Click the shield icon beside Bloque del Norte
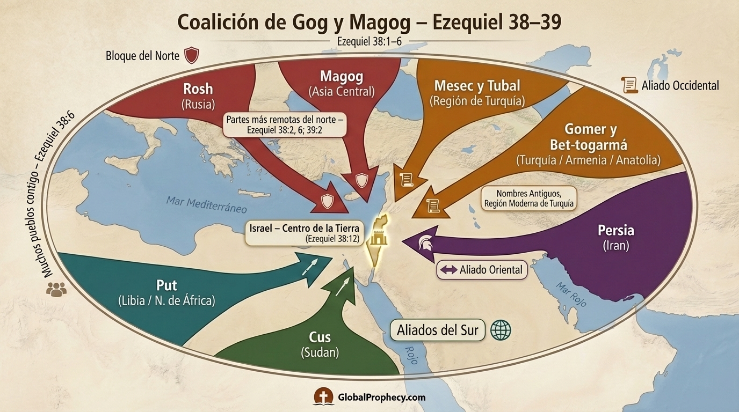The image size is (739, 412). click(192, 55)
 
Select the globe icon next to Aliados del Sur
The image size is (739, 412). click(501, 330)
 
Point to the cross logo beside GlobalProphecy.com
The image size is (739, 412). click(324, 397)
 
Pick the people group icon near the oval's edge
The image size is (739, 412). click(56, 290)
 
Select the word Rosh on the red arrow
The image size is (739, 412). click(198, 89)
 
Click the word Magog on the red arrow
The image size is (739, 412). click(342, 76)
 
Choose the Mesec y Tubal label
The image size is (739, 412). click(477, 85)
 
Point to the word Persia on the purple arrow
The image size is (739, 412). click(615, 231)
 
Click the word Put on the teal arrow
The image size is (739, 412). click(166, 285)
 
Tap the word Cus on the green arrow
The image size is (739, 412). click(320, 337)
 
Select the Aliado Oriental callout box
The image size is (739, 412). click(482, 270)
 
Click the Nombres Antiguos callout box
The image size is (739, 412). click(529, 198)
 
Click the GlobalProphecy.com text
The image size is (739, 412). click(381, 398)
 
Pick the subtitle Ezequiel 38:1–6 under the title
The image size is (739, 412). click(369, 41)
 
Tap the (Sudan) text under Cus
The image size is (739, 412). click(320, 352)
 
